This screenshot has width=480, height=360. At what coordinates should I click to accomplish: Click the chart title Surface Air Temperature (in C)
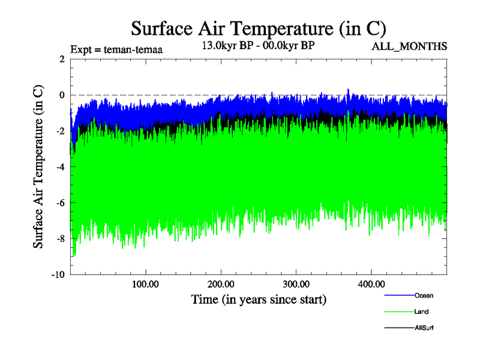258,28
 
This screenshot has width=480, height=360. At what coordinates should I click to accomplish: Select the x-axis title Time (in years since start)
259,299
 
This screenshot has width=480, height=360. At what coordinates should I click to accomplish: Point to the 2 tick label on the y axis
62,59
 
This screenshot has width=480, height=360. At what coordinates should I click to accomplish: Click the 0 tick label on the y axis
62,95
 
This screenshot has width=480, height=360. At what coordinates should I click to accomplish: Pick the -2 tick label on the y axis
60,131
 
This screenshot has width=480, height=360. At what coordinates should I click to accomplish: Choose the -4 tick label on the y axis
60,167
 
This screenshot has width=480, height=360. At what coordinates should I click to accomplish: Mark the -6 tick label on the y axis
60,203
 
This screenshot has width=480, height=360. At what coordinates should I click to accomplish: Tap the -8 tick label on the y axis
60,239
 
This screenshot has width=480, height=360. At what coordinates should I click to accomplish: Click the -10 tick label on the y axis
58,275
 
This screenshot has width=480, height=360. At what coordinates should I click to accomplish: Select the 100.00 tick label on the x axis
145,284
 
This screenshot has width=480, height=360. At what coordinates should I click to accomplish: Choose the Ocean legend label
424,295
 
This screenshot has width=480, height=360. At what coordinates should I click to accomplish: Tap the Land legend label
421,311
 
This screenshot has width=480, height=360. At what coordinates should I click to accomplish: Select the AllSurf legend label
424,328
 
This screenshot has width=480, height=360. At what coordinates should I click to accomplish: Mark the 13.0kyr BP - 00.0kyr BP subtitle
258,44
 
